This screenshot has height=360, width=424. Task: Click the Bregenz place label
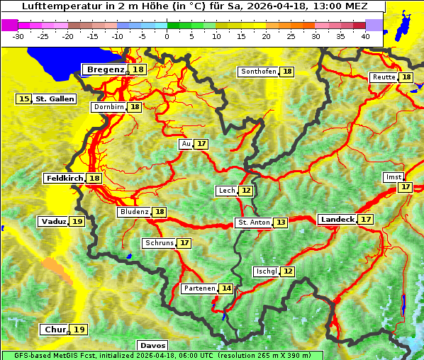[x=106, y=69]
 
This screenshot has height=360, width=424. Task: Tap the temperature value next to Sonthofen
[x=287, y=72]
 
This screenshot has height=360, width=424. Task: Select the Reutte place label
[x=384, y=77]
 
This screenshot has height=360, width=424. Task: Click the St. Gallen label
[x=55, y=99]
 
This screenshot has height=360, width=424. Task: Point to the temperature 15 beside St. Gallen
[x=25, y=99]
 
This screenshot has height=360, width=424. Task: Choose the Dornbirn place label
[x=108, y=107]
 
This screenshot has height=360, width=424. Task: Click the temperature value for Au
[x=202, y=144]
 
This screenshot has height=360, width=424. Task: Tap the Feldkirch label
[x=65, y=178]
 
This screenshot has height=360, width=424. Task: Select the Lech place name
[x=226, y=191]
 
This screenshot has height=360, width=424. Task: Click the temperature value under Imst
[x=405, y=187]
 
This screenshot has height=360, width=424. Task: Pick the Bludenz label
[x=134, y=212]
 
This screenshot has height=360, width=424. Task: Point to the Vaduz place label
[x=54, y=222]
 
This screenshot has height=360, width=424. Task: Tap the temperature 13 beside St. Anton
[x=281, y=223]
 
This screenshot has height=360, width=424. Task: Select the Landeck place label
[x=337, y=220]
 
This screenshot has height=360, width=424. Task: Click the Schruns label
[x=159, y=243]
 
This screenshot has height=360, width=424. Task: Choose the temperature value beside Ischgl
[x=287, y=271]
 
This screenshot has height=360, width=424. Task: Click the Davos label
[x=153, y=346]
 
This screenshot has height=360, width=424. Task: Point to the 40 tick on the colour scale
[x=365, y=35]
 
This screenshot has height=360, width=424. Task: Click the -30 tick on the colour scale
[x=18, y=35]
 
